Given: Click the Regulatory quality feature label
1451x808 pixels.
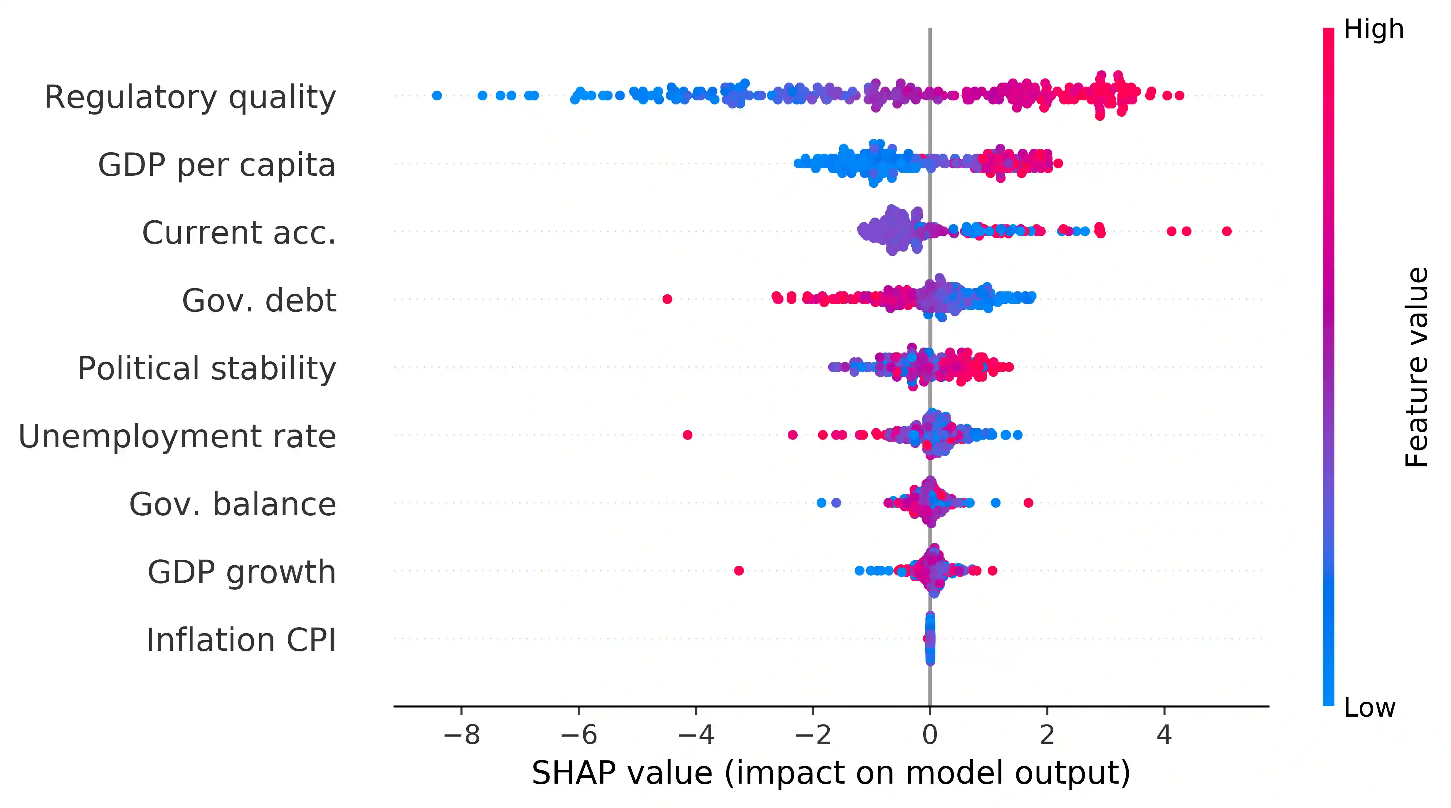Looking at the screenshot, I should (x=190, y=97).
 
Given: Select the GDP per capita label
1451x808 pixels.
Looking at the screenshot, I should (x=217, y=165).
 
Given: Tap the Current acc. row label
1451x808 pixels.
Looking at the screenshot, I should (x=239, y=233).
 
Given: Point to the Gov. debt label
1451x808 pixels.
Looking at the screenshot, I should (x=259, y=300).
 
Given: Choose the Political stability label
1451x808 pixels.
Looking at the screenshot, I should (x=207, y=368).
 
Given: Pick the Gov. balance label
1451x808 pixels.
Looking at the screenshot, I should (x=233, y=504).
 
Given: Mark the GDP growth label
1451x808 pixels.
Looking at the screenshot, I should (x=242, y=572).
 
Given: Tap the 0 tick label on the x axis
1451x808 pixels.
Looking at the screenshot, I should (x=930, y=735).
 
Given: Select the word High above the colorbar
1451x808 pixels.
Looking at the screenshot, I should (x=1373, y=29).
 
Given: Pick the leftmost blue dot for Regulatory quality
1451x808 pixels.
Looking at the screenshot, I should (x=437, y=95).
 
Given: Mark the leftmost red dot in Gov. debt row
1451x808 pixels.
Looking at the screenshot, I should (x=667, y=299).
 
